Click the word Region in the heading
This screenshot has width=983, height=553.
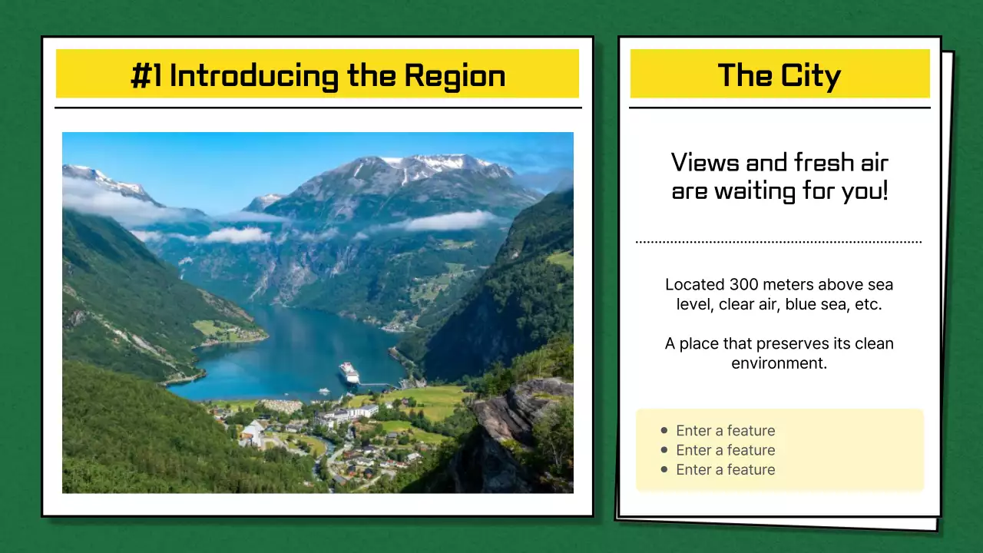click(455, 76)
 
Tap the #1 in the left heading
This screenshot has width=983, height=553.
click(146, 76)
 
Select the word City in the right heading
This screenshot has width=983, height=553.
click(812, 76)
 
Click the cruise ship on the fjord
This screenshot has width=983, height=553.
click(349, 373)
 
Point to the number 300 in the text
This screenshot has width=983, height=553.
click(744, 285)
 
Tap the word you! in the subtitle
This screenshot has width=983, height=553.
click(864, 191)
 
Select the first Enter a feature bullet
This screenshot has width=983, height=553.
click(725, 431)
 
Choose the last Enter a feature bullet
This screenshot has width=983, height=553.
click(725, 470)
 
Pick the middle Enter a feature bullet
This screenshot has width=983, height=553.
click(725, 450)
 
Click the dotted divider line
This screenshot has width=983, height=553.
click(779, 242)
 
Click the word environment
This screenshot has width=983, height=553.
click(779, 363)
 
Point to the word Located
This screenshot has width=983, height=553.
click(694, 285)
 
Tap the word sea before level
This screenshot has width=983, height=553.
click(880, 285)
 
